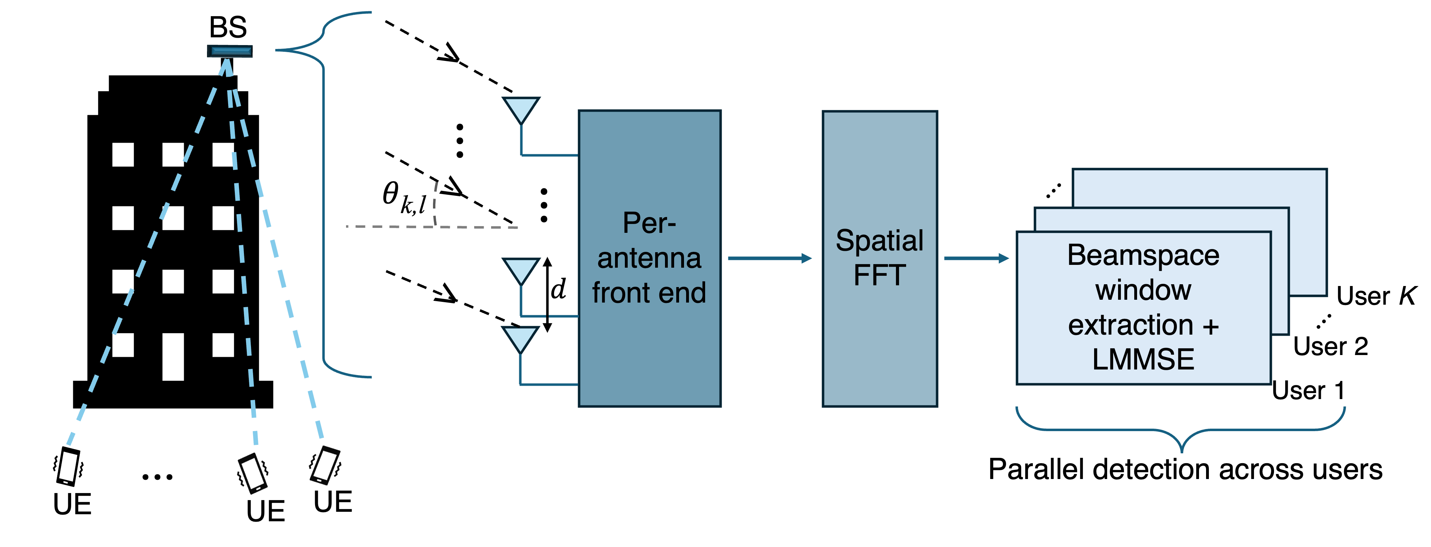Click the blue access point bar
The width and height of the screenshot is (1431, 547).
(230, 51)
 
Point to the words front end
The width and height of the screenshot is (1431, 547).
(649, 293)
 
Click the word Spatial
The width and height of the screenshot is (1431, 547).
(879, 241)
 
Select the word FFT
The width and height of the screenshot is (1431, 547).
(879, 275)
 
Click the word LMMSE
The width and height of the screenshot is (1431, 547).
(1143, 359)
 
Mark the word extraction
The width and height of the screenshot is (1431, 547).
(1130, 325)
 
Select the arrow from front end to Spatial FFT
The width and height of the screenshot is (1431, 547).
(770, 259)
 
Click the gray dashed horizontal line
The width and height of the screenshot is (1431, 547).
(389, 227)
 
